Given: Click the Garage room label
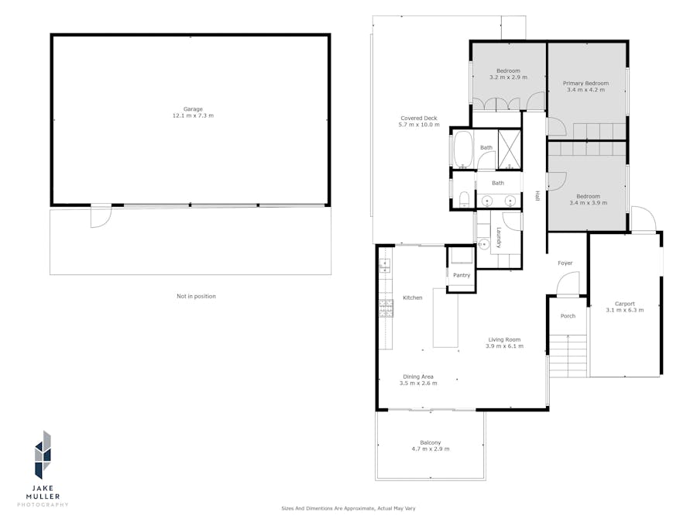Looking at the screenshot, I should click(x=193, y=109).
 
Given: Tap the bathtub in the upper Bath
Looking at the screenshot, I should click(x=462, y=150).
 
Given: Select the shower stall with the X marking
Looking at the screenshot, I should click(x=510, y=149).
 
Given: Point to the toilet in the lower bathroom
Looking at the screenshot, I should click(x=462, y=201).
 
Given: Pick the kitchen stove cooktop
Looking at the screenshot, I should click(x=386, y=309).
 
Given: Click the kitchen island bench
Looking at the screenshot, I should click(x=445, y=318).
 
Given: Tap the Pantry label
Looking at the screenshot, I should click(x=462, y=275).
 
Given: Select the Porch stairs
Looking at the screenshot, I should click(x=568, y=355).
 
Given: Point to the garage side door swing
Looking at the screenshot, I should click(x=101, y=216).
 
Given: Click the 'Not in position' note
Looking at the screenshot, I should click(x=196, y=296).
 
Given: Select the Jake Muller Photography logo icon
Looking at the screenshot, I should click(x=43, y=456).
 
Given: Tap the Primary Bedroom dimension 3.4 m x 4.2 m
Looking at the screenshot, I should click(x=586, y=90).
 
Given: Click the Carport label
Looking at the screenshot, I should click(x=624, y=304).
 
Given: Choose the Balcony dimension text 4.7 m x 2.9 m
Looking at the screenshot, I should click(x=430, y=449).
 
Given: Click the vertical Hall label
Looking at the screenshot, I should click(x=536, y=198).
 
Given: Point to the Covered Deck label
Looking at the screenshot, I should click(x=418, y=118).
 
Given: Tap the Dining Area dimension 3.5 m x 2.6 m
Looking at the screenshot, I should click(x=418, y=383).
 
